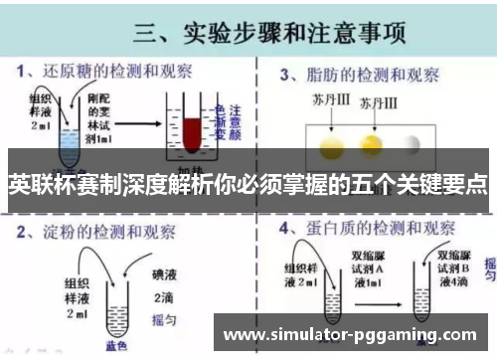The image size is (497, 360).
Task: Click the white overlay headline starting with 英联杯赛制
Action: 248,184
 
